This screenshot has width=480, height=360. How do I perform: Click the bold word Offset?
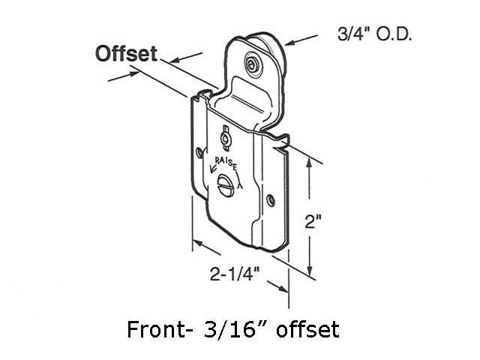coord(125,54)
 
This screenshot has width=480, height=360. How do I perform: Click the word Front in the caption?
coord(149,328)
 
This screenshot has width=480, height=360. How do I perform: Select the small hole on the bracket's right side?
coord(270,200)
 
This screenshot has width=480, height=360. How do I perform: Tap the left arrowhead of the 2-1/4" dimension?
coord(196,244)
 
